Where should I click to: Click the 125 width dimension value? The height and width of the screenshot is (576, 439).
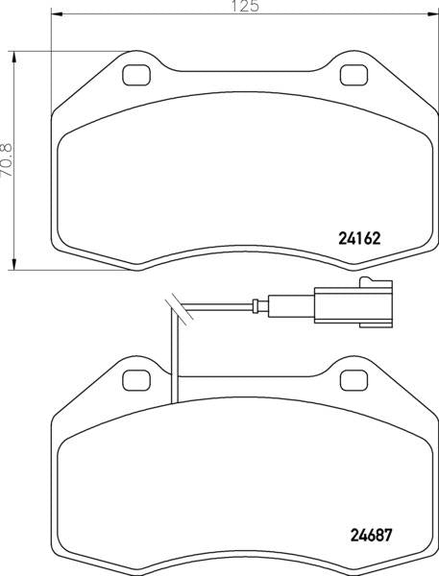coord(245,6)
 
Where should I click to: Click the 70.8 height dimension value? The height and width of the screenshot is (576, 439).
coord(7,159)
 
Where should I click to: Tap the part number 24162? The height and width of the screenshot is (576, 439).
coord(358,239)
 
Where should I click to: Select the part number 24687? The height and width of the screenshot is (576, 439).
coord(371,535)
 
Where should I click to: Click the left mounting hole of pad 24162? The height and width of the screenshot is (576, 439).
coord(136,75)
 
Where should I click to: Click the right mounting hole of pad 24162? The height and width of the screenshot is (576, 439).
coord(354,75)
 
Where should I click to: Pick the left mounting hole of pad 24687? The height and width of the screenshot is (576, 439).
coord(136,380)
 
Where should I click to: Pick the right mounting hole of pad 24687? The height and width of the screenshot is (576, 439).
coord(354,380)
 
